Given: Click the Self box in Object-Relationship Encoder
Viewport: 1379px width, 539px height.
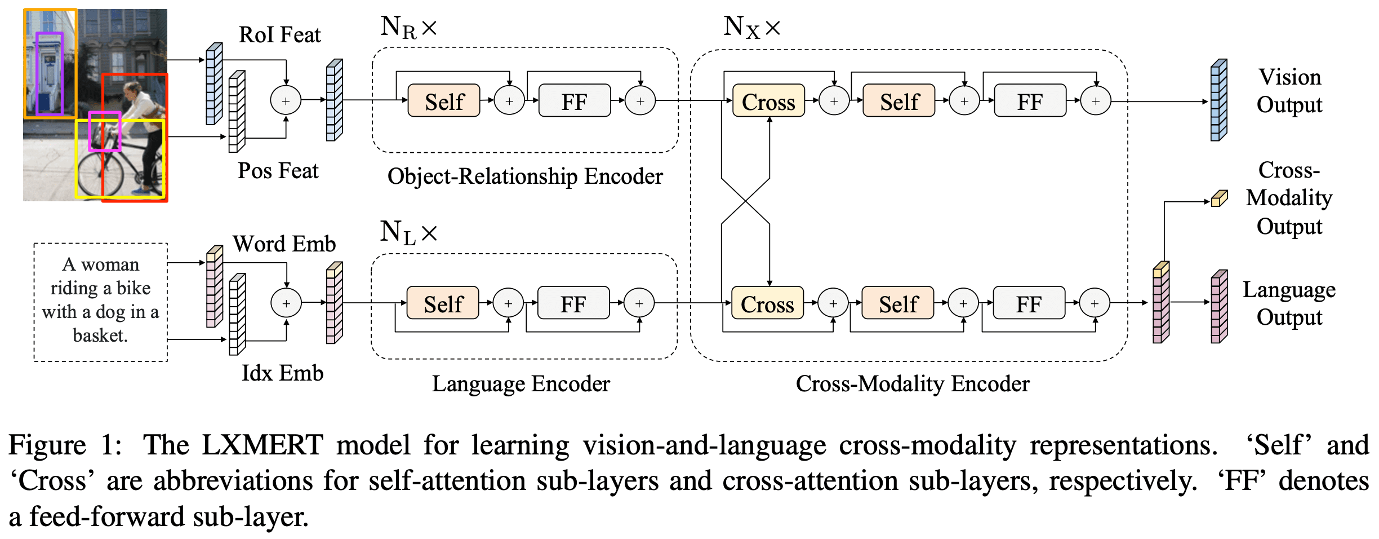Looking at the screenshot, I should pos(444,101).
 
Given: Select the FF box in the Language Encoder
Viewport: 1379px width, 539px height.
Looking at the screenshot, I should pos(573,304).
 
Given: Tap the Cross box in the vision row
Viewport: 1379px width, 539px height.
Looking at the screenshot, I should pos(768,101).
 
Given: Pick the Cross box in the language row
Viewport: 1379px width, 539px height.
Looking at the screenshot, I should pos(767,304).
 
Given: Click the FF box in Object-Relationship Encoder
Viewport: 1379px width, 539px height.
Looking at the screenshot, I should pos(574,101).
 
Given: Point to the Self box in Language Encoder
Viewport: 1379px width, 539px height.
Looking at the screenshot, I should pos(443,304).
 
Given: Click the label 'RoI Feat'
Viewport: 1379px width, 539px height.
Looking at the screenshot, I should pos(279,35).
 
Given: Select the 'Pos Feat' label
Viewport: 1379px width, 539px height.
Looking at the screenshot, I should pos(278,170).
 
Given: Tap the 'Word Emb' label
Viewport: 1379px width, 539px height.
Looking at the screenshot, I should pos(284,244).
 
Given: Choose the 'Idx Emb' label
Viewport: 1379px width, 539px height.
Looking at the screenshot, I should pos(282,373).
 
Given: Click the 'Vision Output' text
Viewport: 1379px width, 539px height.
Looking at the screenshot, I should pos(1289,91).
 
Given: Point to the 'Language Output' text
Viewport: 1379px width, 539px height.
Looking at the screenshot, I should pos(1289,303).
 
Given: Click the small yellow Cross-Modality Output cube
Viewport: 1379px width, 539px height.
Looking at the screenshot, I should pos(1218,198).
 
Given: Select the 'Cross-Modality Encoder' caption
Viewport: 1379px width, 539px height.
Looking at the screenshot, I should pos(912,383).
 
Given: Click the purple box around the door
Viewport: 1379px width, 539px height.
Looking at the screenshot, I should pos(50,34).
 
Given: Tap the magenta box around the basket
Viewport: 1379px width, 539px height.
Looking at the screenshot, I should pos(105,113).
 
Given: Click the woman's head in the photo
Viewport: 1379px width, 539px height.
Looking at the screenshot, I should pos(132,89).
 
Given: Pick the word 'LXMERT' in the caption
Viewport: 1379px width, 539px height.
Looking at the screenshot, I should pos(262,445).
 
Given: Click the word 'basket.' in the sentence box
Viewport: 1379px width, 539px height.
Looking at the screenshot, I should pos(100,335).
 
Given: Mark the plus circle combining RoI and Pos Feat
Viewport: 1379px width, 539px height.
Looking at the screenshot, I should pos(286,101).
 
